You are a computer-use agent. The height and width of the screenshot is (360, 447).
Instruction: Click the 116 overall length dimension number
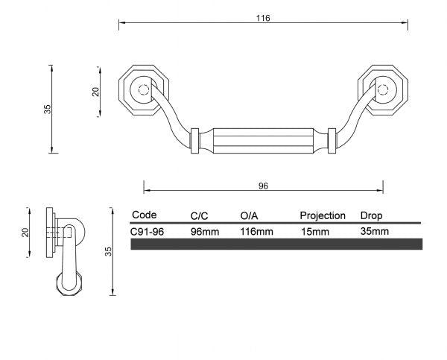tap(262, 18)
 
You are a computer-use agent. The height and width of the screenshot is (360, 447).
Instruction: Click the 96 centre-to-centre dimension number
tap(262, 186)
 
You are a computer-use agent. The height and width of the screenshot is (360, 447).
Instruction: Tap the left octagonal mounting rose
tap(142, 92)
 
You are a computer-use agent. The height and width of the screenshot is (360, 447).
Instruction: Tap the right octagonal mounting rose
tap(383, 92)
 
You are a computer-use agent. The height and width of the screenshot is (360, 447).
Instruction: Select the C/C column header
tap(200, 216)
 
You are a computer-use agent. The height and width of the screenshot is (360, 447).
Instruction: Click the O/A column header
tap(250, 216)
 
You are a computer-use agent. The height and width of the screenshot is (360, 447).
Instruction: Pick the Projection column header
tap(322, 216)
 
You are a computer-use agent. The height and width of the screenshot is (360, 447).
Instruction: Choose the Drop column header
tap(372, 216)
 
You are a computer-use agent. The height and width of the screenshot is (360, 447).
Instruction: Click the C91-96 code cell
tap(148, 231)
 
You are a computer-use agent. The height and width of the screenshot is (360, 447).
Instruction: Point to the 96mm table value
tap(205, 231)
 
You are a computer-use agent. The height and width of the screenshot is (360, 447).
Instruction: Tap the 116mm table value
tap(256, 231)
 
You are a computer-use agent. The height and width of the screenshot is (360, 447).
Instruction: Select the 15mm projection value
tap(314, 231)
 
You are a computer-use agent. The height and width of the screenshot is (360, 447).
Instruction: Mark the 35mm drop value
tap(374, 231)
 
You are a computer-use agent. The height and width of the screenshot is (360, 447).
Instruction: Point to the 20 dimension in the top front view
tap(95, 92)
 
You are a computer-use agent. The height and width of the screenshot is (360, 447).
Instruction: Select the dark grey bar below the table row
tap(276, 244)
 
